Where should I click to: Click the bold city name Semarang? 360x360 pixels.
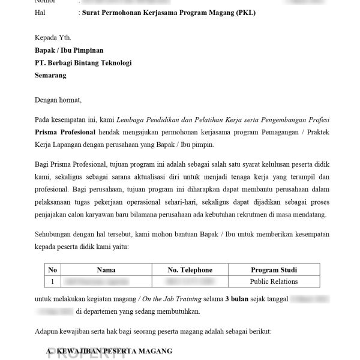pyautogui.click(x=51, y=76)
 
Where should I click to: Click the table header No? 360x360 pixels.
pyautogui.click(x=53, y=269)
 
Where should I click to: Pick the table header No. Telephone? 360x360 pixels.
pyautogui.click(x=190, y=269)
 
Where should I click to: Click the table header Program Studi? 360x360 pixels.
pyautogui.click(x=274, y=269)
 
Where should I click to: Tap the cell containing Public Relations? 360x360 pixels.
pyautogui.click(x=274, y=281)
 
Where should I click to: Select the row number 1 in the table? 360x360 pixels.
pyautogui.click(x=53, y=281)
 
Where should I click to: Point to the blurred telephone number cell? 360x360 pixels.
pyautogui.click(x=190, y=281)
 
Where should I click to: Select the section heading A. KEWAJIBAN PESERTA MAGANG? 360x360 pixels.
pyautogui.click(x=110, y=351)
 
